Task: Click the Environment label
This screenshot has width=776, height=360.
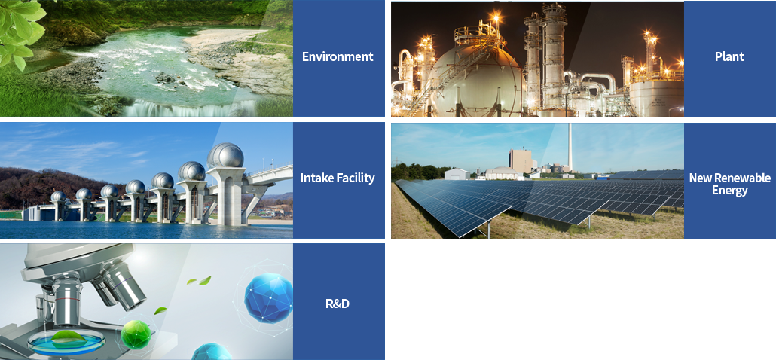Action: click(x=338, y=56)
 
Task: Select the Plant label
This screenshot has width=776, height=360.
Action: click(x=729, y=56)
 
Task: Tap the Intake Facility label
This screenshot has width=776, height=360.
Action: click(x=338, y=178)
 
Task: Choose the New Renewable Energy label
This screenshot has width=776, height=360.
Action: click(x=730, y=184)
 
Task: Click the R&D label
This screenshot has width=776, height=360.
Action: click(x=338, y=303)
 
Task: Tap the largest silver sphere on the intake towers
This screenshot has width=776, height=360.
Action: click(x=225, y=155)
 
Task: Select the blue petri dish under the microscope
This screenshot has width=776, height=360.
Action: click(x=66, y=342)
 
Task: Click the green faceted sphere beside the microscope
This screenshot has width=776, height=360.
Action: click(x=136, y=334)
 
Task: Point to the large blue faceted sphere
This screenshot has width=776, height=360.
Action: click(x=269, y=297)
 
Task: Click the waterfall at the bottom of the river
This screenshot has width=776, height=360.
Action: click(x=193, y=108)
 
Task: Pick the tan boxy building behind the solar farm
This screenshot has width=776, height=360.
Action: click(x=521, y=161)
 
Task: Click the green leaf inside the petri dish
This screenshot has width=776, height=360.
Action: click(x=68, y=337)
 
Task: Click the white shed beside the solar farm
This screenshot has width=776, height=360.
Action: click(x=457, y=174)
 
